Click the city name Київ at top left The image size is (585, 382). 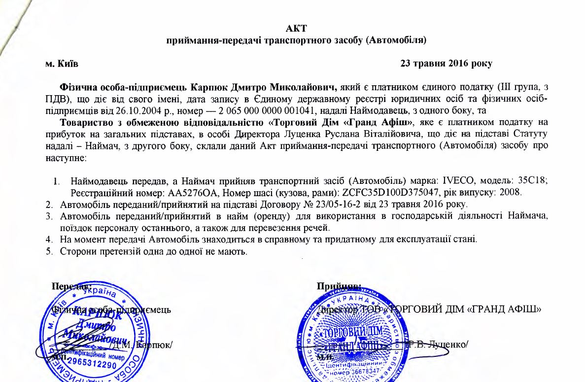click(66, 64)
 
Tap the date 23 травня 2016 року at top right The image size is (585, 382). click(446, 64)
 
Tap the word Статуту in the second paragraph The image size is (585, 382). click(531, 134)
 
